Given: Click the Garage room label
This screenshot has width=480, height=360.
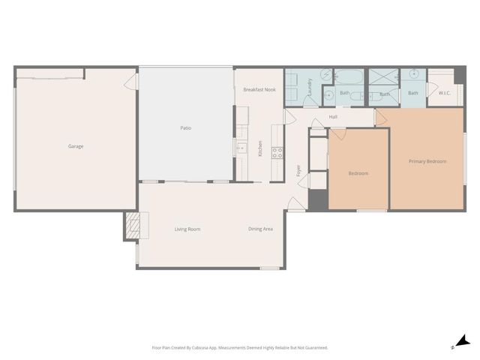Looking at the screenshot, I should [76, 146].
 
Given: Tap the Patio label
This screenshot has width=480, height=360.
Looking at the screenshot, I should [185, 128].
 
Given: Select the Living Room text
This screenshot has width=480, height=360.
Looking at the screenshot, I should [187, 229].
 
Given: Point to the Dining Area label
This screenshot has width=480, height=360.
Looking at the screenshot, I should [260, 229].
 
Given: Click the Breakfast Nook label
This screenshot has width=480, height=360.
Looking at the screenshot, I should [259, 89].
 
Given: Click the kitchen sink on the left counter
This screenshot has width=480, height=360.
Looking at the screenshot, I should [241, 148].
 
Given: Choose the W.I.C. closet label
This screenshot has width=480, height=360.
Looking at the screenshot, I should [444, 93].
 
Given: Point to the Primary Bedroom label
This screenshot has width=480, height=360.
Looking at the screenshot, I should [427, 161].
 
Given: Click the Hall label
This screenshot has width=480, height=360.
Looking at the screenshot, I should [333, 117].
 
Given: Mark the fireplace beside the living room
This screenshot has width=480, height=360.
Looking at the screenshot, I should [132, 225].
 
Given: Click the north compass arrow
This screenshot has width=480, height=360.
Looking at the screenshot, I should [463, 341].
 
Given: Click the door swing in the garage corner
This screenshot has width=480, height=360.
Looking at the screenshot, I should [131, 80].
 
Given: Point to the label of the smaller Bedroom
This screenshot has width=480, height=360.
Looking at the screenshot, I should [358, 173].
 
